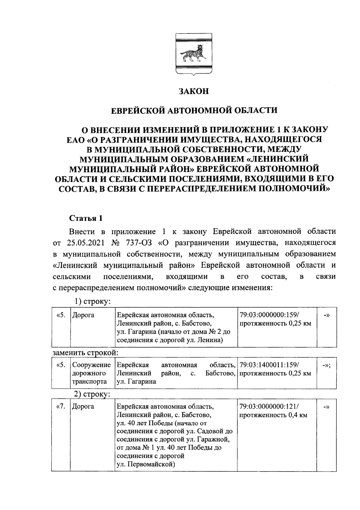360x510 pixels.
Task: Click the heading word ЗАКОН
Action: point(193,91)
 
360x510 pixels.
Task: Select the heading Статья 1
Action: point(86,218)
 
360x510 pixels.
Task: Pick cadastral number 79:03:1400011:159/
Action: point(269,365)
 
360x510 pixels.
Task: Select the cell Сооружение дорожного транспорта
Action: point(91,373)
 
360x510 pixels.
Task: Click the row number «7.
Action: point(61,406)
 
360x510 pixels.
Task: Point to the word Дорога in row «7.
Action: point(83,406)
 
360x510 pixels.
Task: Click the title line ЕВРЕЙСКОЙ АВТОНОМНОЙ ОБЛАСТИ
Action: point(194,110)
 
